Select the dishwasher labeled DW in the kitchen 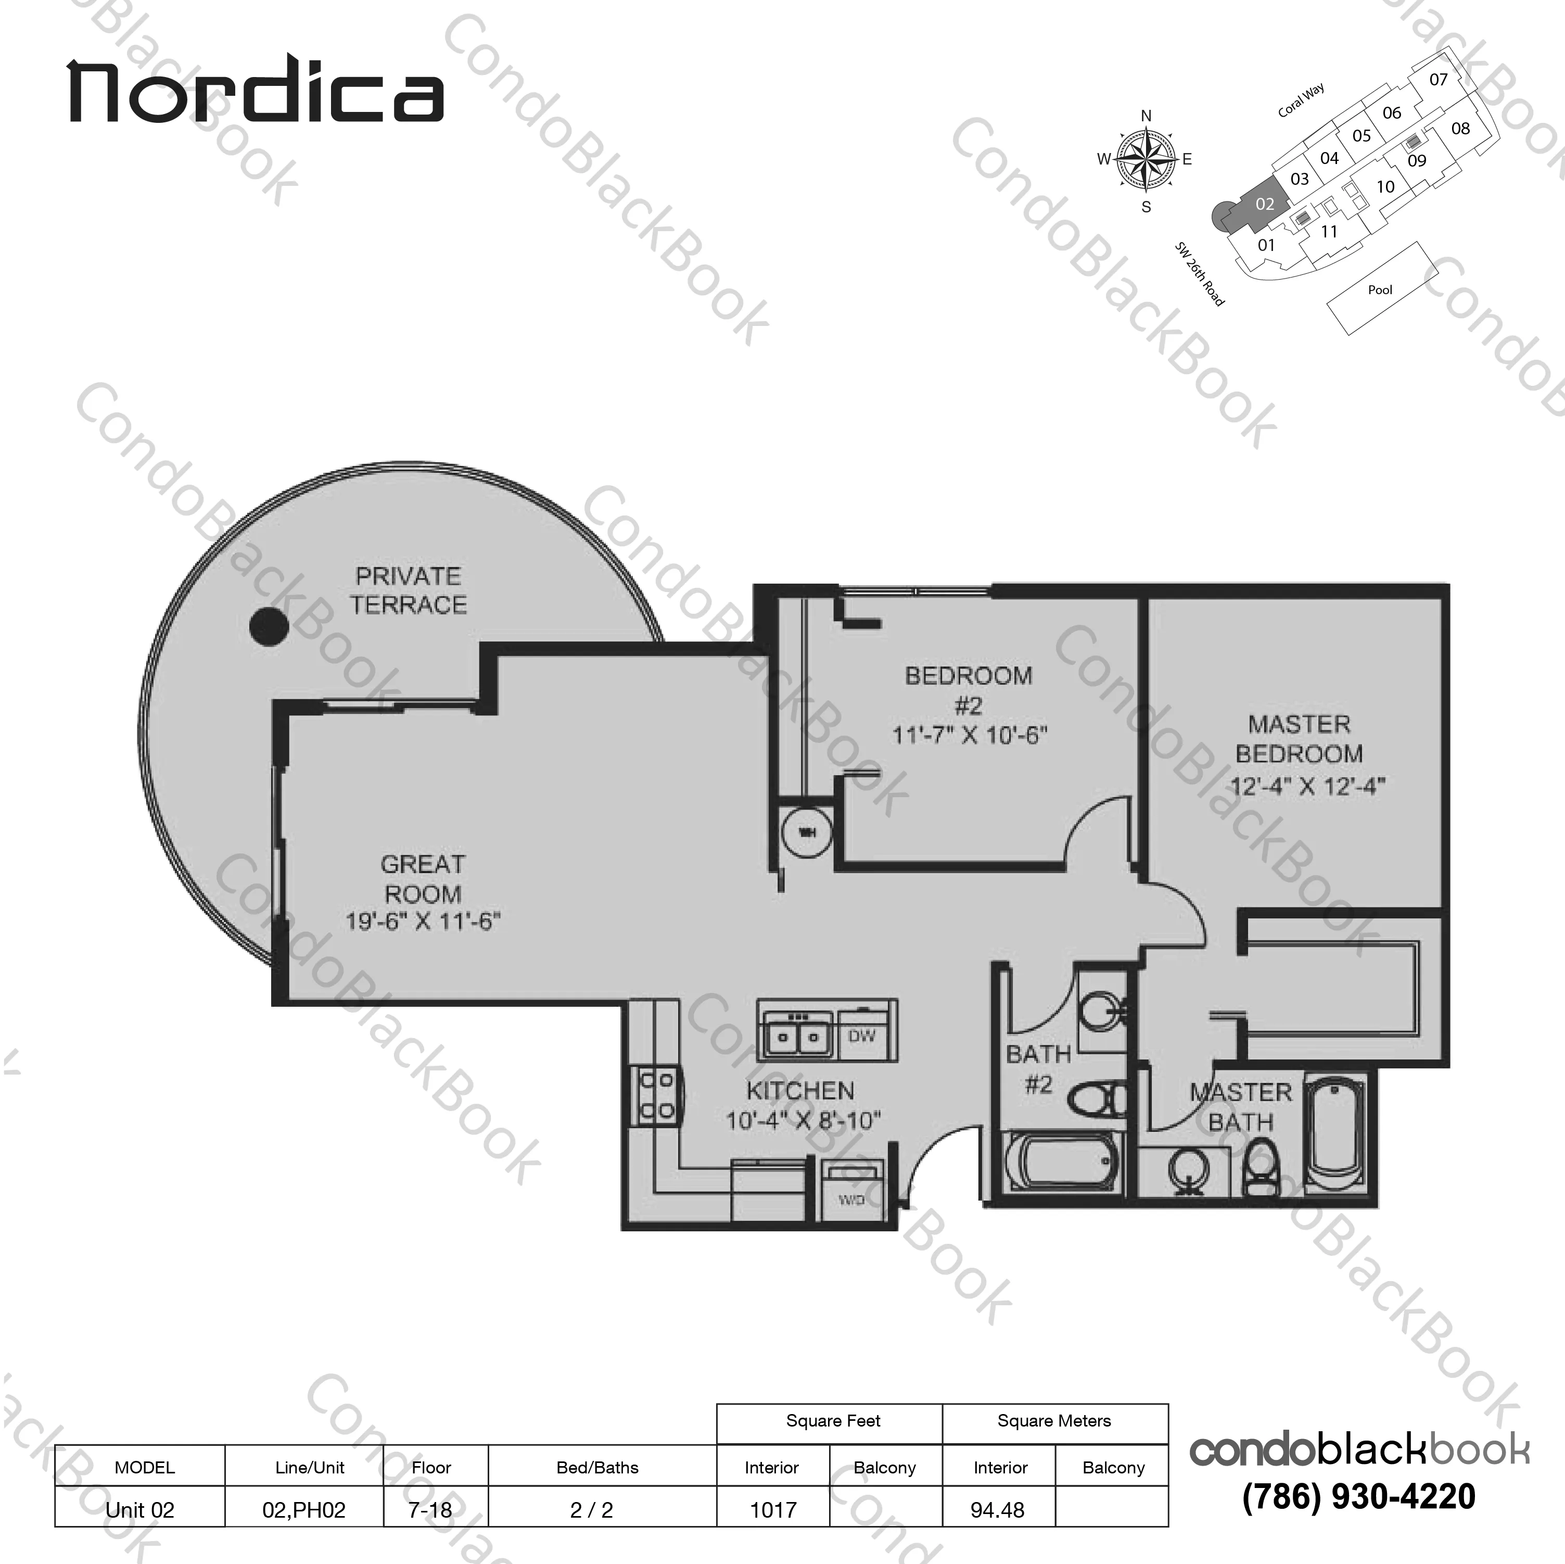point(862,1036)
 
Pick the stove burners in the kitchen point(657,1095)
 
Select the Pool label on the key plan point(1380,290)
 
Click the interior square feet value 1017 point(773,1510)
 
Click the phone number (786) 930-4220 point(1358,1496)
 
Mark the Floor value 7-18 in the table point(431,1510)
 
